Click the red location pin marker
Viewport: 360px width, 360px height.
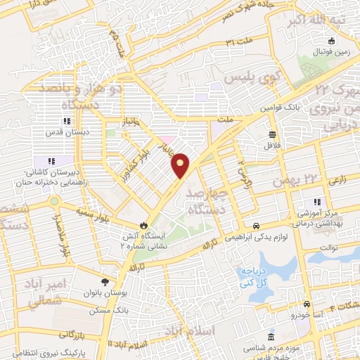181,165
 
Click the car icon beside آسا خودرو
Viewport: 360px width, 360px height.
307,304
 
